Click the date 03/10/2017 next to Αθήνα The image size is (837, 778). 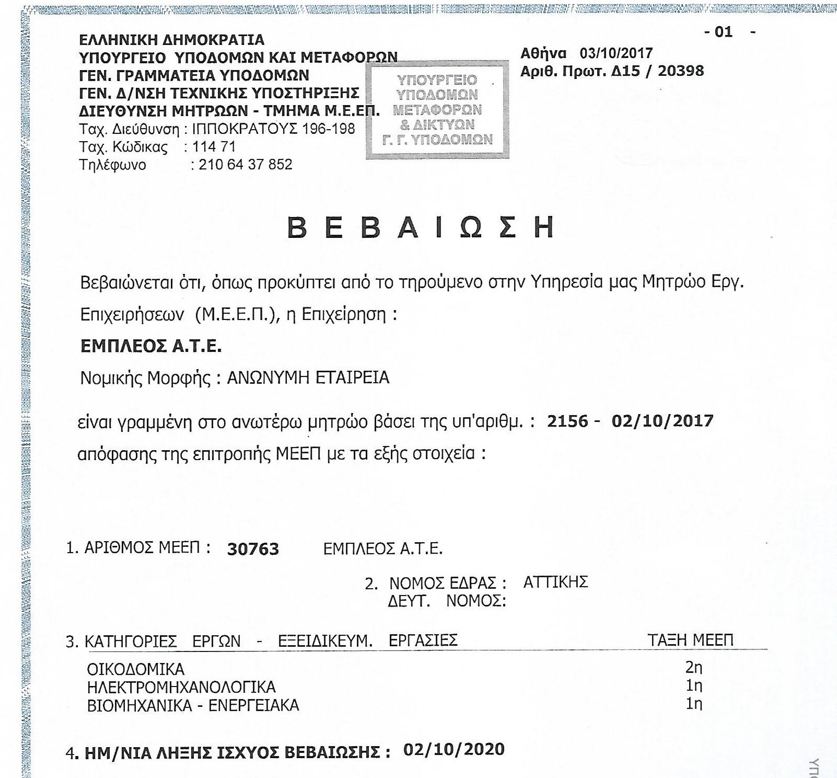(x=616, y=53)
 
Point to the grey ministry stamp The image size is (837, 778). (x=437, y=110)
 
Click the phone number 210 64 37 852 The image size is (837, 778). (x=245, y=165)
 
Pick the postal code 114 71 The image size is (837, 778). (x=214, y=147)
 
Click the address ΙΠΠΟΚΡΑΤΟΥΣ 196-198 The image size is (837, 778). (x=273, y=129)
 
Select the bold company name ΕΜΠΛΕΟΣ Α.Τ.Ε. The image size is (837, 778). (x=151, y=346)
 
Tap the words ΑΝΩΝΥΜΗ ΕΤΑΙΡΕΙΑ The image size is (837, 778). (x=308, y=377)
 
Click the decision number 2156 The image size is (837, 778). (x=567, y=421)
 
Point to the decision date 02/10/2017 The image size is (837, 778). (x=662, y=421)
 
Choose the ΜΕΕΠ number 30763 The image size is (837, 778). (x=253, y=550)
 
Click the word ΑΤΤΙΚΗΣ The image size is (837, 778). (x=555, y=582)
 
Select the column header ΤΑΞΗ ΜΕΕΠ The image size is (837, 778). (x=690, y=640)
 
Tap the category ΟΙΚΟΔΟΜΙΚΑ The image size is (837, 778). (x=135, y=670)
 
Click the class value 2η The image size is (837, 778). (x=694, y=668)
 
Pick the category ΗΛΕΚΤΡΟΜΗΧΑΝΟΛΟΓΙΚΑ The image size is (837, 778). (x=181, y=688)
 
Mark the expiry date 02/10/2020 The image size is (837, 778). (x=454, y=750)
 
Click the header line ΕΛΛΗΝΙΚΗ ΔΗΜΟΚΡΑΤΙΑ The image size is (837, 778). (x=171, y=40)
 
